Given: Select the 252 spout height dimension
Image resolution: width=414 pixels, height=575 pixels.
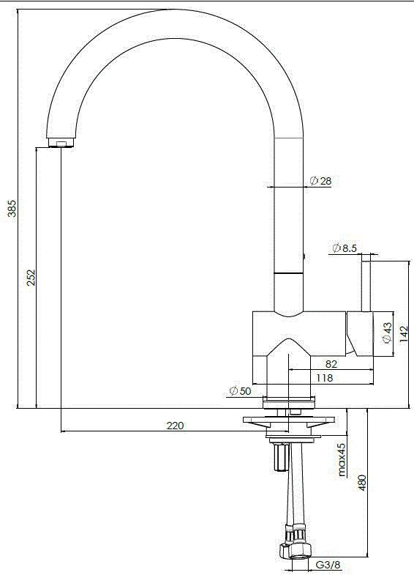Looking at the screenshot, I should point(31,278).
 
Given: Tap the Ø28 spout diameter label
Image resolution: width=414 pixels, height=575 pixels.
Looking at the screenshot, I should point(321,181).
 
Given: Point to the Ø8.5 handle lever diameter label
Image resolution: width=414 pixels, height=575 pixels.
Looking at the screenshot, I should point(345,248).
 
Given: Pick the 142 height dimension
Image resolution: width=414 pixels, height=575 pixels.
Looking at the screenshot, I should point(403,333).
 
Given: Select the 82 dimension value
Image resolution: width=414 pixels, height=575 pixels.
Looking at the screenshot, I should point(331,364).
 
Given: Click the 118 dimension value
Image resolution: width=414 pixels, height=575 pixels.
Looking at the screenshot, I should point(324,378).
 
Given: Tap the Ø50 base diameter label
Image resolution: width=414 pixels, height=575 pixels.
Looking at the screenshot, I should point(240,391).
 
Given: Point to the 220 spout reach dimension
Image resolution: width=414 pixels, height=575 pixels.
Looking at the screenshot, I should point(175,425).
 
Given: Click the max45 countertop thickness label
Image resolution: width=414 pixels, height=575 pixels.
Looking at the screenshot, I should point(342,460).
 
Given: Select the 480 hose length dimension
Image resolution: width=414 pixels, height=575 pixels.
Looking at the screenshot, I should point(362,481).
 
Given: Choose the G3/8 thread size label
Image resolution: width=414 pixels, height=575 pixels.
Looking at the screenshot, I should point(327,565).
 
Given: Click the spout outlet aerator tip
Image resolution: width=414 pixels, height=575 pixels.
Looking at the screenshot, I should point(61,142).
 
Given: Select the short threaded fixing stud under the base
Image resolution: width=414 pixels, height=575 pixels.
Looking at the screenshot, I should point(279,458).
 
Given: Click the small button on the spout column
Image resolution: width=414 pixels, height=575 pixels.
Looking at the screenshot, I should point(304,258).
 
